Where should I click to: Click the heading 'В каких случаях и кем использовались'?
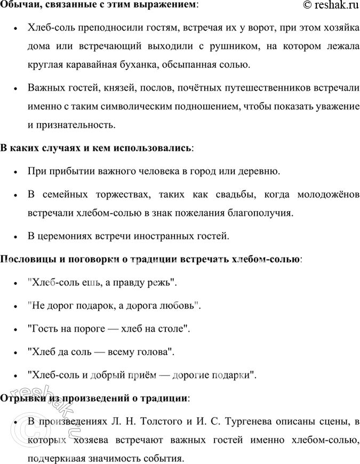pyautogui.click(x=97, y=147)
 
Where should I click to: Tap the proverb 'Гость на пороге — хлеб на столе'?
pyautogui.click(x=108, y=329)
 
